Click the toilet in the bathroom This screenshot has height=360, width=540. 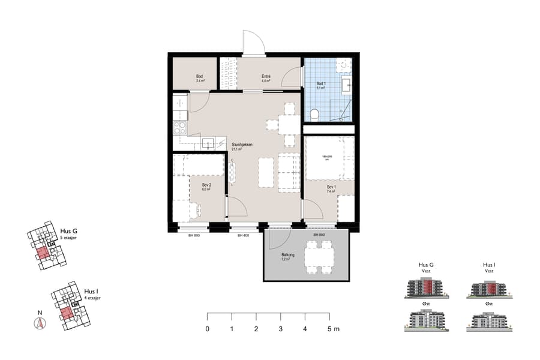tap(314, 113)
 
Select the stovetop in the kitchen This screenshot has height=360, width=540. tap(179, 127)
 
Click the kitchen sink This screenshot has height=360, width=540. tap(206, 143)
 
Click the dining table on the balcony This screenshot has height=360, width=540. tap(318, 257)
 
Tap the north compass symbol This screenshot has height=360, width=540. tap(40, 323)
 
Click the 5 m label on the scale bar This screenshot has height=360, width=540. tap(333, 329)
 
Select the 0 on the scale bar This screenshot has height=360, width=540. tap(208, 329)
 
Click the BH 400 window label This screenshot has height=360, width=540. tap(243, 236)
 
